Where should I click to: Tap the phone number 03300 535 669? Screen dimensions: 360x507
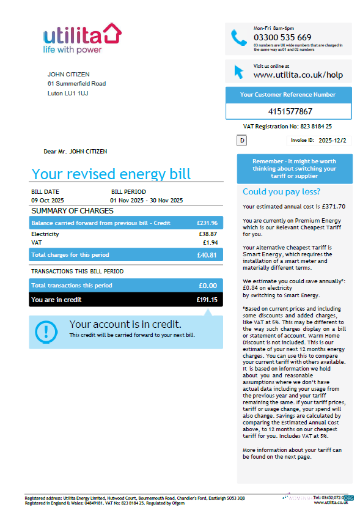tap(282, 37)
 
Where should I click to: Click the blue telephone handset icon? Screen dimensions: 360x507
tap(239, 38)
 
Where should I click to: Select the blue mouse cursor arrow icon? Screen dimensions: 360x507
tap(239, 71)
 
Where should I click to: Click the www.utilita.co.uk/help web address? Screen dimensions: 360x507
tap(298, 75)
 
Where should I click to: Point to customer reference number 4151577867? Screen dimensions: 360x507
tap(290, 111)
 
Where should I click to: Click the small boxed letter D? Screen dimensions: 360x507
tap(242, 141)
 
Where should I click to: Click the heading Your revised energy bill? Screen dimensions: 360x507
tap(111, 174)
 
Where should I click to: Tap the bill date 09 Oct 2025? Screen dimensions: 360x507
tap(47, 200)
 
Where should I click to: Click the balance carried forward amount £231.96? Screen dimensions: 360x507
tap(207, 223)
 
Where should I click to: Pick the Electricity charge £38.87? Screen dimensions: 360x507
tap(208, 234)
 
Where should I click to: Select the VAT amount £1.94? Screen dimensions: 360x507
tap(210, 243)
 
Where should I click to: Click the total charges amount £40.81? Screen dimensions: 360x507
tap(207, 255)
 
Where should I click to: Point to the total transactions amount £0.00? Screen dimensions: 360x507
tap(208, 286)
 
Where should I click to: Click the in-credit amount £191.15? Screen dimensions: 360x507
tap(207, 300)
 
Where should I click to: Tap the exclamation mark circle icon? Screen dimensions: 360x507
tap(46, 331)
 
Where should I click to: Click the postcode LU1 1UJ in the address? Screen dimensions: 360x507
tap(76, 94)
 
